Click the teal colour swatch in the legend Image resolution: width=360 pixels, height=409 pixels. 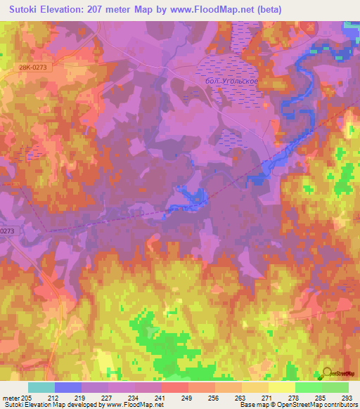point(41,387)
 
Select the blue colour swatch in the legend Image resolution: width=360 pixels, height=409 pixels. point(67,387)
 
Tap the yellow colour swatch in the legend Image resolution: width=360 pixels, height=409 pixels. point(281,387)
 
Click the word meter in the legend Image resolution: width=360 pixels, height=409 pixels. point(11,397)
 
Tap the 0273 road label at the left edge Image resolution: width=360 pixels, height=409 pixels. point(7,231)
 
